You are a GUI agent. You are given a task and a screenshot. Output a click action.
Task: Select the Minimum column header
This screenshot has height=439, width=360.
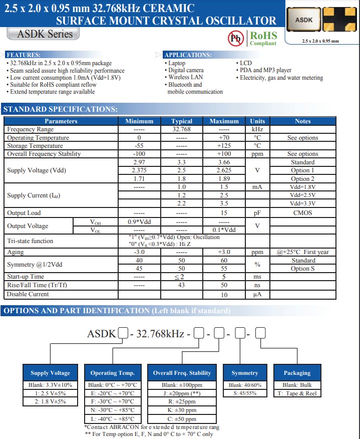[x=139, y=121]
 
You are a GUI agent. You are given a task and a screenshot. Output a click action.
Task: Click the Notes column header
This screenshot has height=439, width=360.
[x=302, y=121]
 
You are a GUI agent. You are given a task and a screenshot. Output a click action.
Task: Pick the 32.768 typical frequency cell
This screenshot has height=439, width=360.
[x=181, y=129]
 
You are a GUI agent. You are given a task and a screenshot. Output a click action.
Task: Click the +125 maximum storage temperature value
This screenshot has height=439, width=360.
[x=224, y=146]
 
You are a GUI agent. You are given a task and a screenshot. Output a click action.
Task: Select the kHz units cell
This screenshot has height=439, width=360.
[x=257, y=129]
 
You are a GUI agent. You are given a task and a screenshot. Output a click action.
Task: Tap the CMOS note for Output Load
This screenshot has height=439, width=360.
[x=302, y=213]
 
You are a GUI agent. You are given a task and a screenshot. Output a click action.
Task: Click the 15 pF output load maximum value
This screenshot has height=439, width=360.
[x=224, y=213]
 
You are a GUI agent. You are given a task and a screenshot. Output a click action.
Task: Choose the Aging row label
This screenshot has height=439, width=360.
[x=16, y=252]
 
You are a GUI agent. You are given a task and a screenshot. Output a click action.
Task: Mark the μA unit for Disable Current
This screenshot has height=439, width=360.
[x=257, y=295]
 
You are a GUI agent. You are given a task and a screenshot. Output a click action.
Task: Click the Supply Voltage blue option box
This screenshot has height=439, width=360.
[x=50, y=373]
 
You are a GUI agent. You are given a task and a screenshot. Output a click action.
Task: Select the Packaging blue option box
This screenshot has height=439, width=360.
[x=297, y=373]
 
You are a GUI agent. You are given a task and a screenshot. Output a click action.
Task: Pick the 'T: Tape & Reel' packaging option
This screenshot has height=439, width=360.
[x=297, y=393]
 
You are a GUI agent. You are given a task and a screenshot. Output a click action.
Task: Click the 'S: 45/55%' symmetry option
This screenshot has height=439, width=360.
[x=245, y=393]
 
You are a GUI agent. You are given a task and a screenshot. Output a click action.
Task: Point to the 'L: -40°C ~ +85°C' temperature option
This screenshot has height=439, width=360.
[x=113, y=418]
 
